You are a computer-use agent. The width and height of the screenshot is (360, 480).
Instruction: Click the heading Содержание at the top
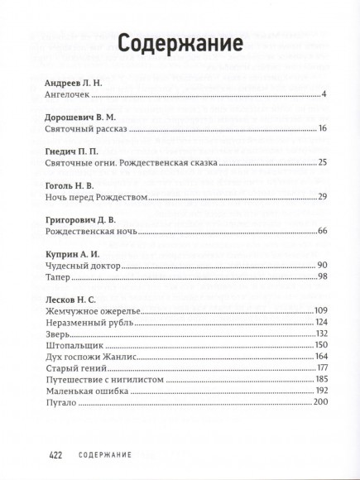180,42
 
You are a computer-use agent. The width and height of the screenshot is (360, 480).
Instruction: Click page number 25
324,162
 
